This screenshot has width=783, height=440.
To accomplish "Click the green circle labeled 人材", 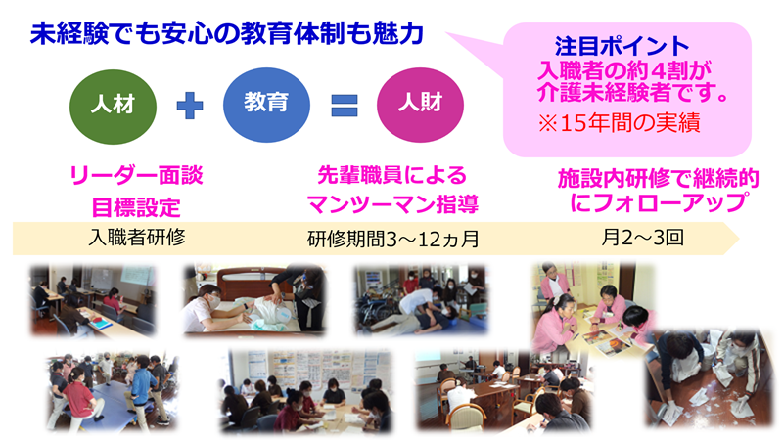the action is pyautogui.click(x=113, y=107).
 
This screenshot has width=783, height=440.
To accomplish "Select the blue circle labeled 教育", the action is pyautogui.click(x=266, y=106).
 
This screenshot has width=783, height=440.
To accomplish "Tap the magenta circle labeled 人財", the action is pyautogui.click(x=420, y=106).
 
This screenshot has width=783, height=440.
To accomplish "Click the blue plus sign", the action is pyautogui.click(x=190, y=106).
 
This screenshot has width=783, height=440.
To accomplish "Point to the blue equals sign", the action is pyautogui.click(x=345, y=106).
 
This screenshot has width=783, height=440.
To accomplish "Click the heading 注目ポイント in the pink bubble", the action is pyautogui.click(x=622, y=46).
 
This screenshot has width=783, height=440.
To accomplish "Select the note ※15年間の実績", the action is pyautogui.click(x=620, y=123).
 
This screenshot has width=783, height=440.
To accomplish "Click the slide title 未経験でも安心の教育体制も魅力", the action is pyautogui.click(x=227, y=34).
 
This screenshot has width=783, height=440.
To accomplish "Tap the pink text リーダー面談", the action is pyautogui.click(x=136, y=175).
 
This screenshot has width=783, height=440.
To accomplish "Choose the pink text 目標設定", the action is pyautogui.click(x=136, y=207).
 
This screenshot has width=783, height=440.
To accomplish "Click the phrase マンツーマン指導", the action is pyautogui.click(x=392, y=204).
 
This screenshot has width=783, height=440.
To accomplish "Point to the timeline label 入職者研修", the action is pyautogui.click(x=137, y=238).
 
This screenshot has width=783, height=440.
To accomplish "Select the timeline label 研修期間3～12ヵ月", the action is pyautogui.click(x=393, y=239).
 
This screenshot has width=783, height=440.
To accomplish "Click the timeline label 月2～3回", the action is pyautogui.click(x=642, y=238).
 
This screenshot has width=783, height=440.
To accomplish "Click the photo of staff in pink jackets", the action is pyautogui.click(x=593, y=308).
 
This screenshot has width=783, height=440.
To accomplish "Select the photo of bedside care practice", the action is pyautogui.click(x=253, y=299).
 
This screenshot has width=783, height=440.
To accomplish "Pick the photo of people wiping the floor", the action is pyautogui.click(x=709, y=378).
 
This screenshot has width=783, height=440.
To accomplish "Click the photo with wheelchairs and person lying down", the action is pyautogui.click(x=421, y=299).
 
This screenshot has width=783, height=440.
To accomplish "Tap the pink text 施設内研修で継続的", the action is pyautogui.click(x=658, y=179).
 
